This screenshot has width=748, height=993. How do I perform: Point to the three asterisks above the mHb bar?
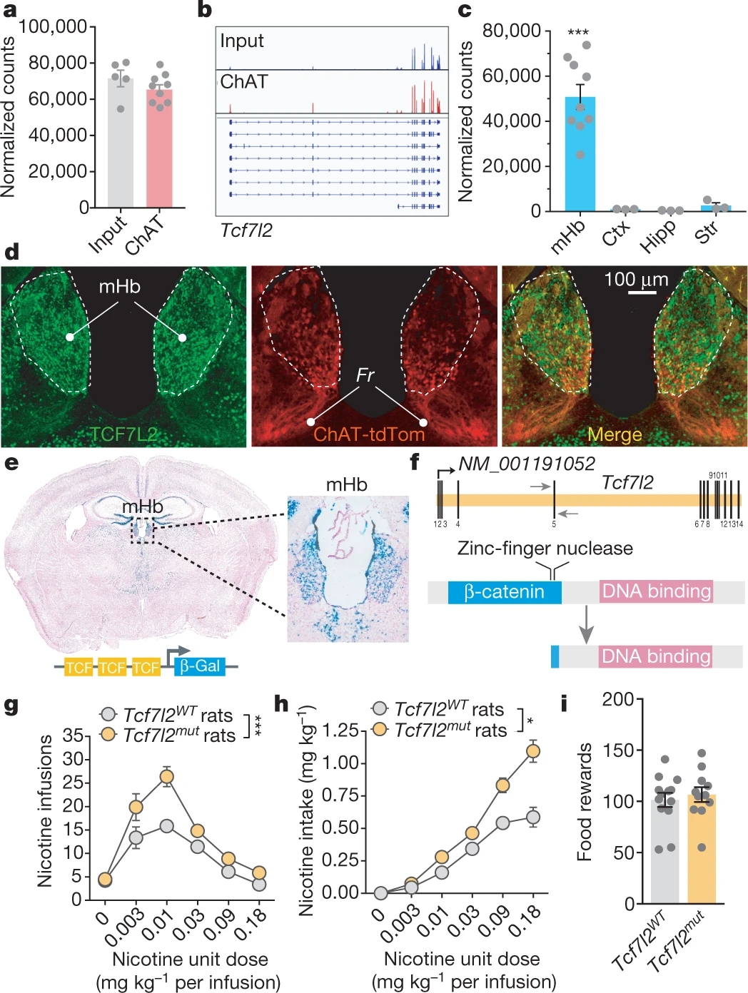[x=578, y=33]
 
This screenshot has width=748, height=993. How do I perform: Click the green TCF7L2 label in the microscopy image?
[x=123, y=434]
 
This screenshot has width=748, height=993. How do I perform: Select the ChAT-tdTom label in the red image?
[x=369, y=434]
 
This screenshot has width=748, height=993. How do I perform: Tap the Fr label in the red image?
[x=365, y=375]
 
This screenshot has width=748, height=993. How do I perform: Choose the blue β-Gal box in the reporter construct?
[x=199, y=666]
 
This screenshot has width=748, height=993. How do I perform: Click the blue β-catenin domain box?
[x=505, y=592]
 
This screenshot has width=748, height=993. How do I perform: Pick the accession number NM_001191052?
[x=526, y=464]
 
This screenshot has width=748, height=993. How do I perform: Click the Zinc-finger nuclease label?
[x=545, y=548]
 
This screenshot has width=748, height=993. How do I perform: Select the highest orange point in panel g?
[x=166, y=777]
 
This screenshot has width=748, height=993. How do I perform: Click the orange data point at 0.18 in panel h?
[x=532, y=751]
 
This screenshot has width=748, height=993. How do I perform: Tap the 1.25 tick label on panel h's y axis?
[x=340, y=730]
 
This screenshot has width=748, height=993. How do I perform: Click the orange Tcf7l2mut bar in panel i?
[x=702, y=849]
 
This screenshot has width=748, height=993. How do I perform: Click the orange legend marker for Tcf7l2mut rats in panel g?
[x=108, y=734]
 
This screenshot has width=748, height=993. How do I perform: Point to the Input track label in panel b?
[x=242, y=41]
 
